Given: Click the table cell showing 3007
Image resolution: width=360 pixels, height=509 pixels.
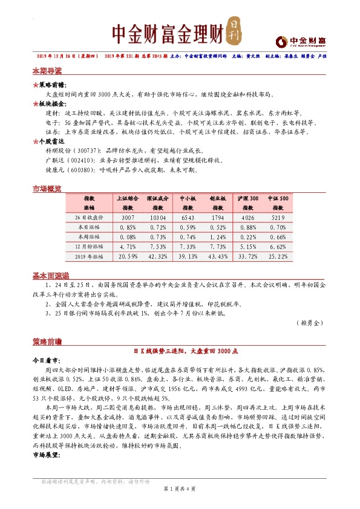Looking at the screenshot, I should point(128,216).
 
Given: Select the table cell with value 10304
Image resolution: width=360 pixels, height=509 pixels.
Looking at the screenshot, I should point(157,216).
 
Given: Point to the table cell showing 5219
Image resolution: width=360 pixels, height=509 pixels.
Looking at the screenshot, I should point(278,216).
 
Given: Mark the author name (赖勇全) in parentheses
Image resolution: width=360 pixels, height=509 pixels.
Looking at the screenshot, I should point(311,323).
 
